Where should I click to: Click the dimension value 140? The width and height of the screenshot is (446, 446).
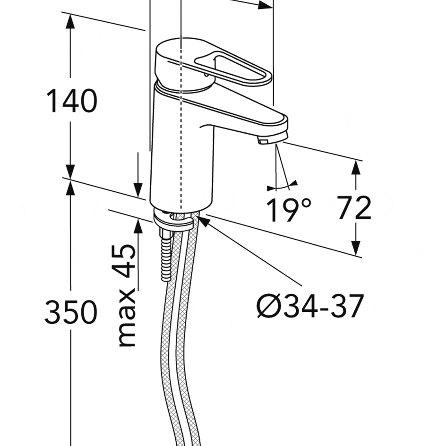coord(71,101)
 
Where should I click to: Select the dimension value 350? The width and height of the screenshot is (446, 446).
coord(71,311)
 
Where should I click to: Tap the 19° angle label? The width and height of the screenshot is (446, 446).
coord(289,210)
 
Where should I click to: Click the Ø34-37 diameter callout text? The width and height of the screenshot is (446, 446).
coord(310,306)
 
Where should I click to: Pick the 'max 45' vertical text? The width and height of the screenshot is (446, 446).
coord(126,295)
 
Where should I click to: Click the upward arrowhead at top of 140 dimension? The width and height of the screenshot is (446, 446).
coord(70,21)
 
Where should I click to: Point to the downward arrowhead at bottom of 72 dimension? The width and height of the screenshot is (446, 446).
coord(356,248)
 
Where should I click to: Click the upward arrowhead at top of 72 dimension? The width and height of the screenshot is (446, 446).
coord(356,167)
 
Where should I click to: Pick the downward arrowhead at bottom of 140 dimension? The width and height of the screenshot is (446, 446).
coord(70,172)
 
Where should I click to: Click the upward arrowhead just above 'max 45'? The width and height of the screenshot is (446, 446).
coord(138,226)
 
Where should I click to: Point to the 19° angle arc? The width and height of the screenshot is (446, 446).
coord(282,186)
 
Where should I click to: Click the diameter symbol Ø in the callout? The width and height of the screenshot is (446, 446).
coord(267,306)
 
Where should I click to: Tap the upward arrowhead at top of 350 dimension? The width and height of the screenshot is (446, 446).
coord(70,188)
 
